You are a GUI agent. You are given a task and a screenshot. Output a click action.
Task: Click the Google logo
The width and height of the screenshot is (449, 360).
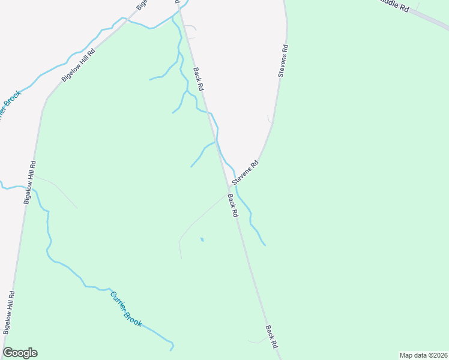tap(20, 353)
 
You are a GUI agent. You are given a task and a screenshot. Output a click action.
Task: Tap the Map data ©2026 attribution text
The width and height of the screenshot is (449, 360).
tap(424, 355)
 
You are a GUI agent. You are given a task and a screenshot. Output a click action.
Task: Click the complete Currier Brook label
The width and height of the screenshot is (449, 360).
tap(126, 309)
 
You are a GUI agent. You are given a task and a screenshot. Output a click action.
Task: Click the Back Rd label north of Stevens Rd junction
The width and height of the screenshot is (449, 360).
tap(199, 79)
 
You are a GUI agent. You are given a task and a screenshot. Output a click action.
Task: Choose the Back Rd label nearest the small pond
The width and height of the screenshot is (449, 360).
tap(233, 205)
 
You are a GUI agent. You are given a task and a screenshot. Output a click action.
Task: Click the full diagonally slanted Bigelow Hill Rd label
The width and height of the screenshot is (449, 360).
tap(79, 65)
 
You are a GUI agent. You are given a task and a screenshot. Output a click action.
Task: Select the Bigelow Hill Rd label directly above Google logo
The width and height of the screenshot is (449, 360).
tap(8, 313)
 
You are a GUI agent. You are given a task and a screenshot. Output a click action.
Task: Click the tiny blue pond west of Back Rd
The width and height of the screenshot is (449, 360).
tap(202, 239)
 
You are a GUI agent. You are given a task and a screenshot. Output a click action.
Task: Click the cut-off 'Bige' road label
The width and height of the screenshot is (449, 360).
tap(142, 5)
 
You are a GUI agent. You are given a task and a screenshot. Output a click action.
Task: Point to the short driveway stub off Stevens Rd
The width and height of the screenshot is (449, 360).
tap(270, 119)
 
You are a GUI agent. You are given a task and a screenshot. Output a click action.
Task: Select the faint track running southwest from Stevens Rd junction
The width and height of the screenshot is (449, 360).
tap(198, 219)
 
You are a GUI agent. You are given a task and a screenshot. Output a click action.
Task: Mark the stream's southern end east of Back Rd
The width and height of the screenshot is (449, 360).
tap(264, 244)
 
